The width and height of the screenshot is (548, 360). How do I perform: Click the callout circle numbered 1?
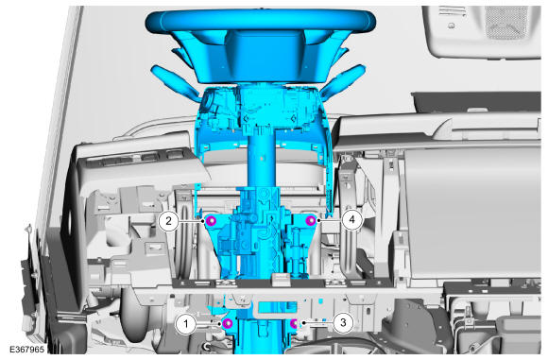click(x=186, y=324)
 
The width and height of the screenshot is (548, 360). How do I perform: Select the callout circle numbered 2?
click(x=169, y=221)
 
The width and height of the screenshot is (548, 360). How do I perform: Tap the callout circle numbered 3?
click(x=343, y=322)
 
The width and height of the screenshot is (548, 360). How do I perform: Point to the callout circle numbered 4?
click(x=351, y=219)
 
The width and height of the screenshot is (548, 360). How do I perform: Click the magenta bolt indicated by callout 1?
click(x=228, y=324)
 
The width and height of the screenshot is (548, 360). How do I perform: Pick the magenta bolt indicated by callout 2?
click(x=211, y=220)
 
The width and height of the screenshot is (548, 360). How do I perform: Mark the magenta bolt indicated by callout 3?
click(x=294, y=324)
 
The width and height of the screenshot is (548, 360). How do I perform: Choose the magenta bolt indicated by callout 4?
click(x=310, y=220)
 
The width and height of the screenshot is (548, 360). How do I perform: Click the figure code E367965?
click(x=26, y=350)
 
